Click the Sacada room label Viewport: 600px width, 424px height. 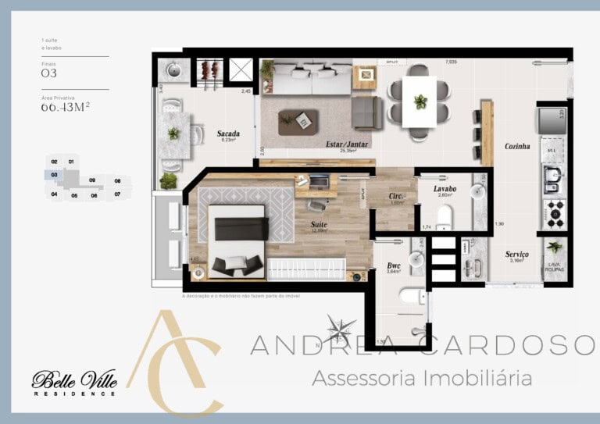228,134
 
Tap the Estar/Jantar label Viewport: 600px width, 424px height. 347,144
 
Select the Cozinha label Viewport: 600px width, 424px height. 517,146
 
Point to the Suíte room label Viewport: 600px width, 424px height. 318,224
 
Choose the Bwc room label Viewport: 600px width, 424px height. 393,265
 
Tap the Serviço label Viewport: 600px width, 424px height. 516,255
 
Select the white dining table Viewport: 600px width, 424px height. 420,101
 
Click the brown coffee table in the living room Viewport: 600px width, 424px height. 298,121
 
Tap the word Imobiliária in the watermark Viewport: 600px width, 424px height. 477,379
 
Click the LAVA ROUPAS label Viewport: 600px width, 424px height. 554,266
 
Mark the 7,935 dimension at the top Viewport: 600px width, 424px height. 452,61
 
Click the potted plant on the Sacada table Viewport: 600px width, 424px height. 173,134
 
